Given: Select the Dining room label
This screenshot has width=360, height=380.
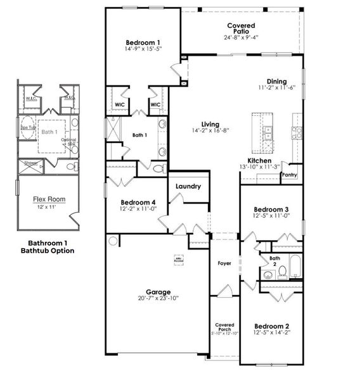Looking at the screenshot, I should tap(276, 82).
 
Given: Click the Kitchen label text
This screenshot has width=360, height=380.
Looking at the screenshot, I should tap(260, 161).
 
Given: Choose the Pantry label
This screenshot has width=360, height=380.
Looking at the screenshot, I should tap(290, 175).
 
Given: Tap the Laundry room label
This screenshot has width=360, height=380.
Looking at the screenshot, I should tap(188, 187).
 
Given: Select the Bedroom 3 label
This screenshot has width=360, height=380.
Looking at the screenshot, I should tap(271, 210).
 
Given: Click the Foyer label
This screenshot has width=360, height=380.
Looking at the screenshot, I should tap(224, 263).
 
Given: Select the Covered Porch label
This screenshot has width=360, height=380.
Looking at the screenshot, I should tap(224, 327).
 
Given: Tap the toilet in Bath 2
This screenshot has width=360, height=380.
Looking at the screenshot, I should tap(283, 271).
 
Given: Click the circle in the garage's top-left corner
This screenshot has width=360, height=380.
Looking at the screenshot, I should tap(113, 241).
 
